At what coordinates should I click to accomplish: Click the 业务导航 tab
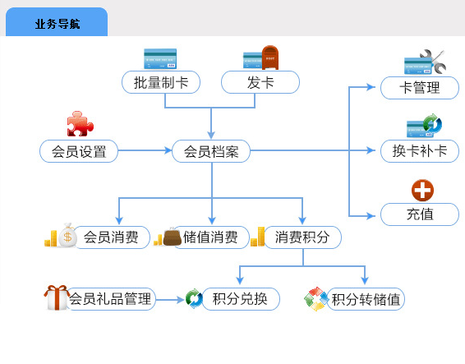tap(57, 22)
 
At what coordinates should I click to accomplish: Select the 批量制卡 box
tap(161, 82)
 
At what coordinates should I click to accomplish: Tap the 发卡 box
tap(260, 82)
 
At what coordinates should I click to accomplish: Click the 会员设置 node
tap(79, 151)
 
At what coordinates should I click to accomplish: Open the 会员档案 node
tap(211, 151)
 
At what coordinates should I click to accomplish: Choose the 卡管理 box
tap(420, 88)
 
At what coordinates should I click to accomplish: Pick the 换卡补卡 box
tap(420, 151)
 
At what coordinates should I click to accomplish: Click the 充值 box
tap(420, 214)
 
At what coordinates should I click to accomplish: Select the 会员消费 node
tap(111, 237)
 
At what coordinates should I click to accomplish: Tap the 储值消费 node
tap(210, 237)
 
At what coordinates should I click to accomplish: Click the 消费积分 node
tap(302, 237)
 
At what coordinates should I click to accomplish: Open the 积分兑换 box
tap(240, 299)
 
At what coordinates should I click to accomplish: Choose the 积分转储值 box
tap(366, 299)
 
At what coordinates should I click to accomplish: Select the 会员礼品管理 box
tap(111, 299)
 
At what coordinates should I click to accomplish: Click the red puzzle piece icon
tap(80, 124)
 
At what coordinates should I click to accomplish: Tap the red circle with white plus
tap(422, 190)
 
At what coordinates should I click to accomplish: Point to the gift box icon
tap(57, 297)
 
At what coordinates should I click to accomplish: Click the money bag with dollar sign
tap(67, 235)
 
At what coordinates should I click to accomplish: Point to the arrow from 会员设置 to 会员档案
tap(145, 150)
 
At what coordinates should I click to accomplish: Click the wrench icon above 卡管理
tap(434, 61)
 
